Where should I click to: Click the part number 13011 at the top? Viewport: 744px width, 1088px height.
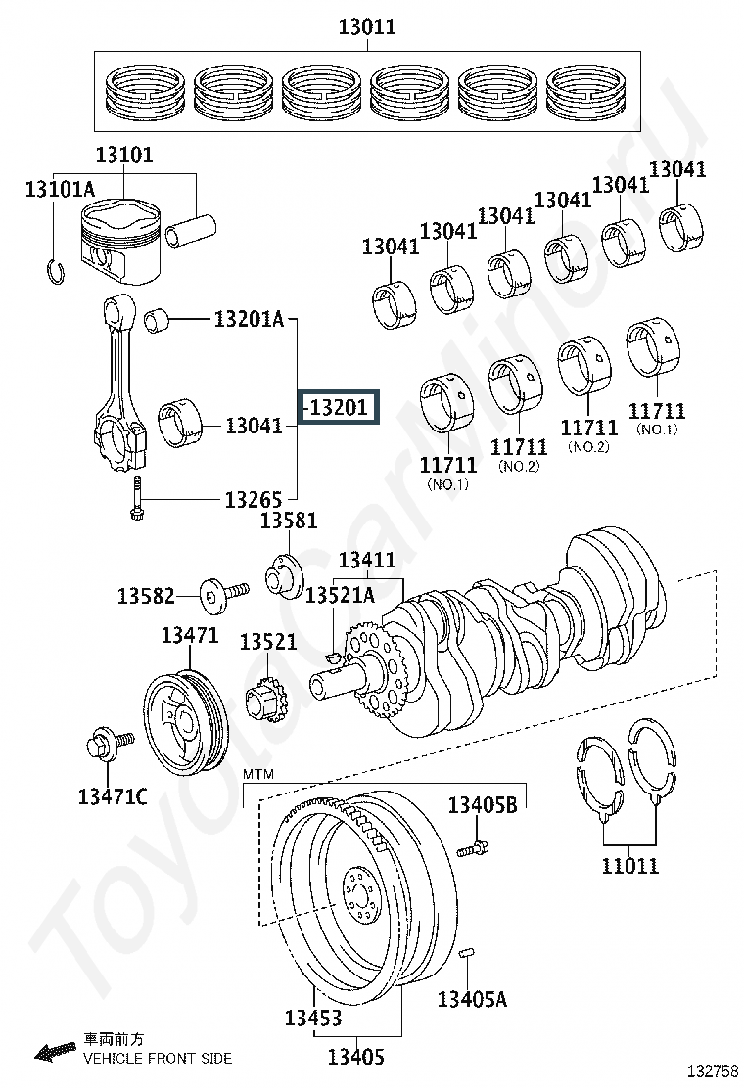[x=367, y=26]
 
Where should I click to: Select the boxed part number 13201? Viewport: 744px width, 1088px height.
[x=339, y=407]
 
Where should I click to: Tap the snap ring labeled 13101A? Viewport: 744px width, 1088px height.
[x=56, y=268]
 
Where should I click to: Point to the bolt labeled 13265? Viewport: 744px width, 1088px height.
[x=137, y=499]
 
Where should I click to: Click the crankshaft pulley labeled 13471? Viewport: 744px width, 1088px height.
[x=185, y=719]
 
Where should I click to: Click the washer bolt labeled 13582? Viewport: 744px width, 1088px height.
[x=223, y=594]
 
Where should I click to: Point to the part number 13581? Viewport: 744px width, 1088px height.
[x=289, y=520]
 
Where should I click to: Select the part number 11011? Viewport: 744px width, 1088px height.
[x=630, y=865]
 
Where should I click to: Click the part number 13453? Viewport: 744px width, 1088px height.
[x=313, y=1018]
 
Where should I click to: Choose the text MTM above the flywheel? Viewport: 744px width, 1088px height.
[x=258, y=774]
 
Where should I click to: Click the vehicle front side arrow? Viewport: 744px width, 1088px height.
[x=56, y=1052]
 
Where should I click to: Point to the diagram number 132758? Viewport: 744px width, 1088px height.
[x=713, y=1071]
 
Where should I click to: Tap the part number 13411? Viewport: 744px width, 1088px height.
[x=367, y=560]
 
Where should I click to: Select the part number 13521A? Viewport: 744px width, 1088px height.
[x=340, y=595]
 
